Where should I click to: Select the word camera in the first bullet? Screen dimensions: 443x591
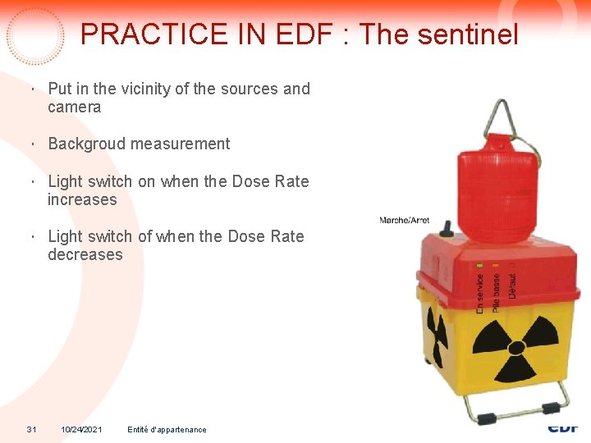pyautogui.click(x=75, y=107)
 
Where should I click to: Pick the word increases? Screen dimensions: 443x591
pyautogui.click(x=82, y=200)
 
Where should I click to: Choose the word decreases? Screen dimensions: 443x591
pyautogui.click(x=85, y=255)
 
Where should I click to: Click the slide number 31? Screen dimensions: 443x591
pyautogui.click(x=31, y=430)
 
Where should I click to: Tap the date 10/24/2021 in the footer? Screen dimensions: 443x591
pyautogui.click(x=81, y=430)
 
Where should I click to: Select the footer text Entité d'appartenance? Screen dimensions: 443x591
pyautogui.click(x=167, y=430)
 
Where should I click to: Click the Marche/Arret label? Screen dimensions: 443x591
pyautogui.click(x=405, y=221)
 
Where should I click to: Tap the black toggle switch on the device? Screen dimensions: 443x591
pyautogui.click(x=447, y=226)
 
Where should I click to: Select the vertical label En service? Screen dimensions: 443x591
pyautogui.click(x=480, y=292)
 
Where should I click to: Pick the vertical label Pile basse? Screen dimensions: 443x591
pyautogui.click(x=496, y=291)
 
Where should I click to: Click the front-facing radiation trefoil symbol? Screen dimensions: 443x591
pyautogui.click(x=515, y=345)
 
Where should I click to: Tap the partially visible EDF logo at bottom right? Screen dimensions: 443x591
pyautogui.click(x=563, y=428)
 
